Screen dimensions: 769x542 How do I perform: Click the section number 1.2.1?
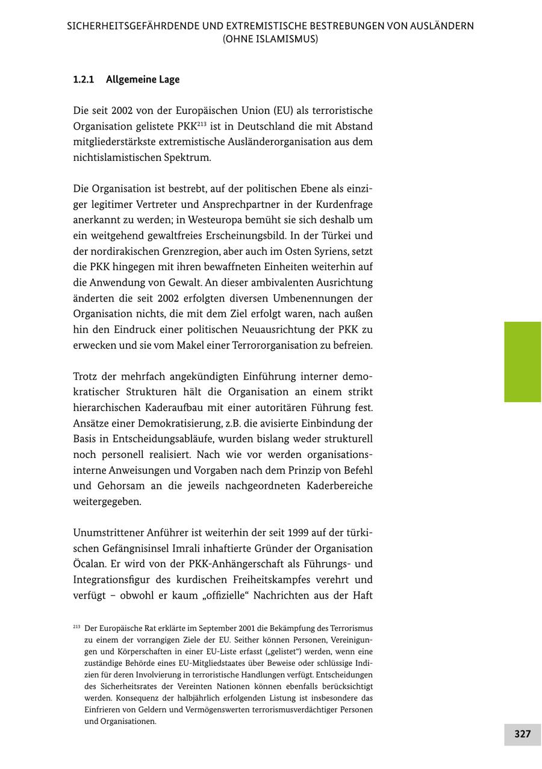point(83,80)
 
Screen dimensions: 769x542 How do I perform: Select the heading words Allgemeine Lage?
point(143,80)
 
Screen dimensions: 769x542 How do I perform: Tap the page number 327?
point(522,734)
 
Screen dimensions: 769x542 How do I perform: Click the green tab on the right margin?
point(522,362)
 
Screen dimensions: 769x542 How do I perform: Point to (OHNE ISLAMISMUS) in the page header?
point(270,39)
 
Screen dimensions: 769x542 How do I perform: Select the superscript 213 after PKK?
point(202,124)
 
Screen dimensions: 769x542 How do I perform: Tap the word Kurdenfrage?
point(344,204)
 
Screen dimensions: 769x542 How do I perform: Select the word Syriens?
point(325,251)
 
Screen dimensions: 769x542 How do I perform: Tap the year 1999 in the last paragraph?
point(300,533)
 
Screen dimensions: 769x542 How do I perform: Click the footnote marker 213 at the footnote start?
point(76,627)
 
